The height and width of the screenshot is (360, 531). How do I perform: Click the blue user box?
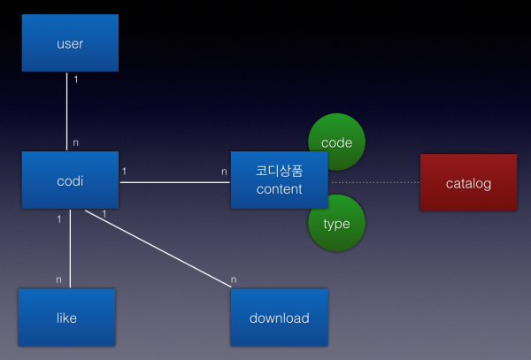70,43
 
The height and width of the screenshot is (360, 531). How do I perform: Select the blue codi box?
70,180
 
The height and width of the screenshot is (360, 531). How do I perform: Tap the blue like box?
66,318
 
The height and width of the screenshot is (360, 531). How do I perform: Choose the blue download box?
280,318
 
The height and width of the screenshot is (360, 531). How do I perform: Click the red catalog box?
469,182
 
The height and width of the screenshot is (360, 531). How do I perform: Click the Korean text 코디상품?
279,171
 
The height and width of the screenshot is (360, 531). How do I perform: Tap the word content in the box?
279,189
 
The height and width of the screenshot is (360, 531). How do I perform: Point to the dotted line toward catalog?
375,182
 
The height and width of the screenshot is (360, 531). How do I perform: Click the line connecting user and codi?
66,111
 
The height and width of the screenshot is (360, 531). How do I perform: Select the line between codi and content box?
174,182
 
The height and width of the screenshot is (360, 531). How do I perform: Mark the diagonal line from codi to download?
158,249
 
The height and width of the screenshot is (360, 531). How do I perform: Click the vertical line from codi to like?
70,249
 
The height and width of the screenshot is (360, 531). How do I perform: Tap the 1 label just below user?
76,80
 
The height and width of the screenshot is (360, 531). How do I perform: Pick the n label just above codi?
75,142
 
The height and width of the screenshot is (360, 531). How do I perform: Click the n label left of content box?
224,172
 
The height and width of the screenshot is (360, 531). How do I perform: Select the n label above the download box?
234,280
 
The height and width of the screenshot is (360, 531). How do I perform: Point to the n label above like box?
58,280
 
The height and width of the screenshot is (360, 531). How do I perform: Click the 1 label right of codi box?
124,172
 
